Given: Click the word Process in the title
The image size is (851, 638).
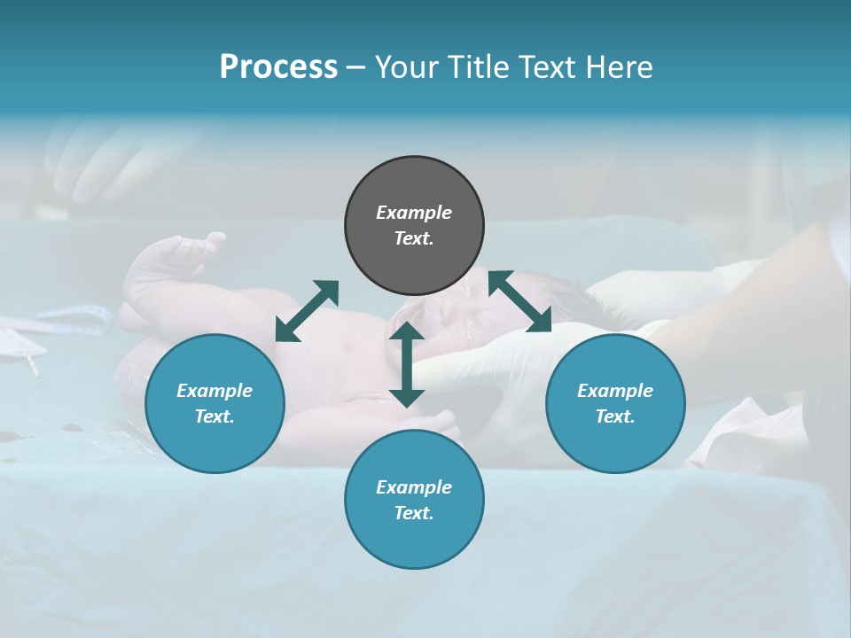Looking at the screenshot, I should point(278,67).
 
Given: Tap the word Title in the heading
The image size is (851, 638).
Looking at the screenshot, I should point(475,67).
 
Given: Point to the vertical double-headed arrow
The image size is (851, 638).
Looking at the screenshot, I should point(407,364).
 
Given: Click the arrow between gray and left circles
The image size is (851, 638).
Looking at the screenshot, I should point(307,310).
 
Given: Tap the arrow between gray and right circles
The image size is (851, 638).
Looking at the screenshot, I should point(519,301).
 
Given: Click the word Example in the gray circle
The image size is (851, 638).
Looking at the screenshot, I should point(414,213).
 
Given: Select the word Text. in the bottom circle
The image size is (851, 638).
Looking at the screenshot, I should point(414,513).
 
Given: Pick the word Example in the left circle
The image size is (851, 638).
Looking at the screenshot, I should point(215,391).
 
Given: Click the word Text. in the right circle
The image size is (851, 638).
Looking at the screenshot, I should point(615,416).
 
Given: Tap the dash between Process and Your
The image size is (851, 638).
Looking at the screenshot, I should point(356,67).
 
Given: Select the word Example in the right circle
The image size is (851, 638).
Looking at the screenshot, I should point(615,391).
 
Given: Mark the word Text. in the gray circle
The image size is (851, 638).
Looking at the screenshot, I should point(414,238).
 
